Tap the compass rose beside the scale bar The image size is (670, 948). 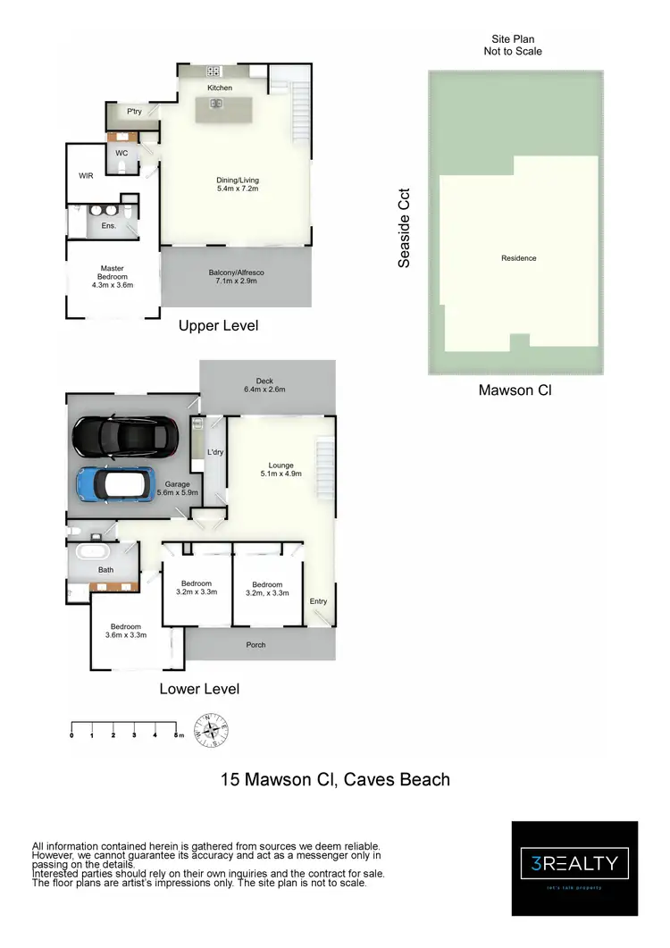(x=213, y=730)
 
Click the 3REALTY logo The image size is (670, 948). (x=574, y=863)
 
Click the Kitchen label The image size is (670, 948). (x=220, y=88)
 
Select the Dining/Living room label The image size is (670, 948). (x=238, y=180)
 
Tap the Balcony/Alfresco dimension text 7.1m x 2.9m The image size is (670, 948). (x=237, y=282)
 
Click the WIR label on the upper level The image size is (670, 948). (x=86, y=176)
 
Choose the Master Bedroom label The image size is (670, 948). (x=113, y=276)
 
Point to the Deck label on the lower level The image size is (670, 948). (x=264, y=381)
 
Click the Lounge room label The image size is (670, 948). (x=281, y=465)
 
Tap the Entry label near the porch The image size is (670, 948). (x=319, y=601)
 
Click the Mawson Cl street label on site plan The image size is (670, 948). (x=518, y=390)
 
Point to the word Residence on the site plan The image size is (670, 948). (x=519, y=258)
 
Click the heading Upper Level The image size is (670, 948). (x=219, y=326)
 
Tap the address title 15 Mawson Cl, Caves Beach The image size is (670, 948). (x=335, y=779)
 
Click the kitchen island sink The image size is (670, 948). (x=216, y=103)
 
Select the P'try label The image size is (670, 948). (x=134, y=112)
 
